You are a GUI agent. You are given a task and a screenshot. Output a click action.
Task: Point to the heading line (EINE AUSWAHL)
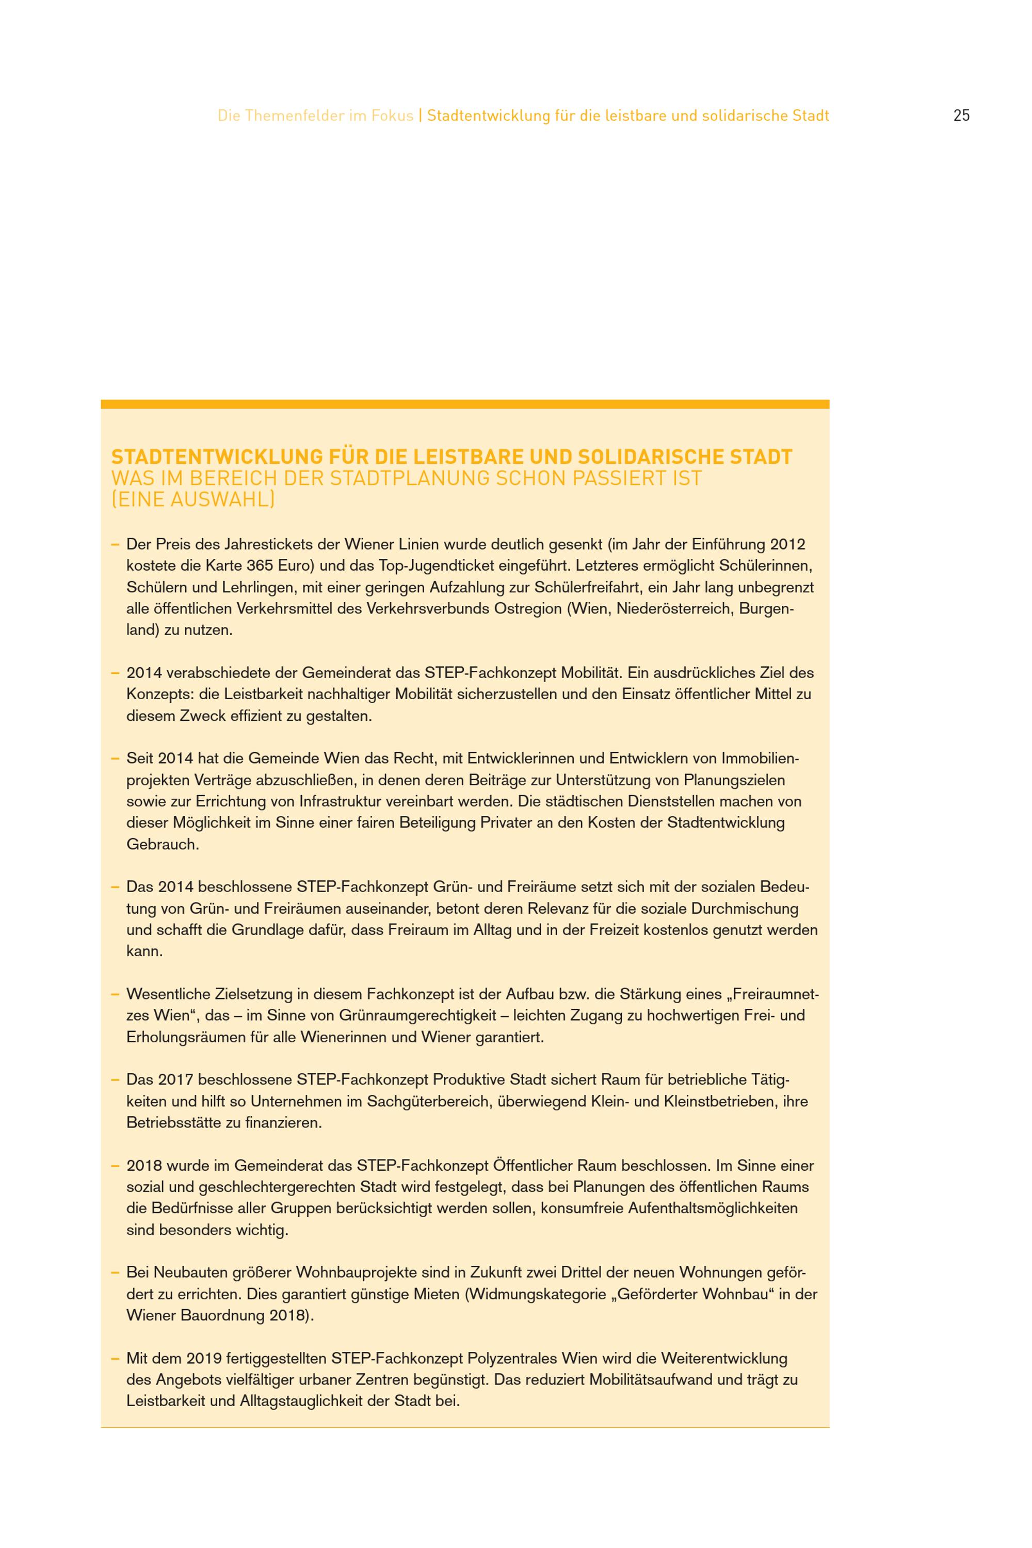[x=193, y=499]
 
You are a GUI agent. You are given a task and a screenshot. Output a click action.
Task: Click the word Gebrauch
[x=163, y=844]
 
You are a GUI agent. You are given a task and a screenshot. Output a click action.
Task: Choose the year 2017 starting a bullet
[x=176, y=1079]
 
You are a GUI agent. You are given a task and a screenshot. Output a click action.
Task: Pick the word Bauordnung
[x=222, y=1315]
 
